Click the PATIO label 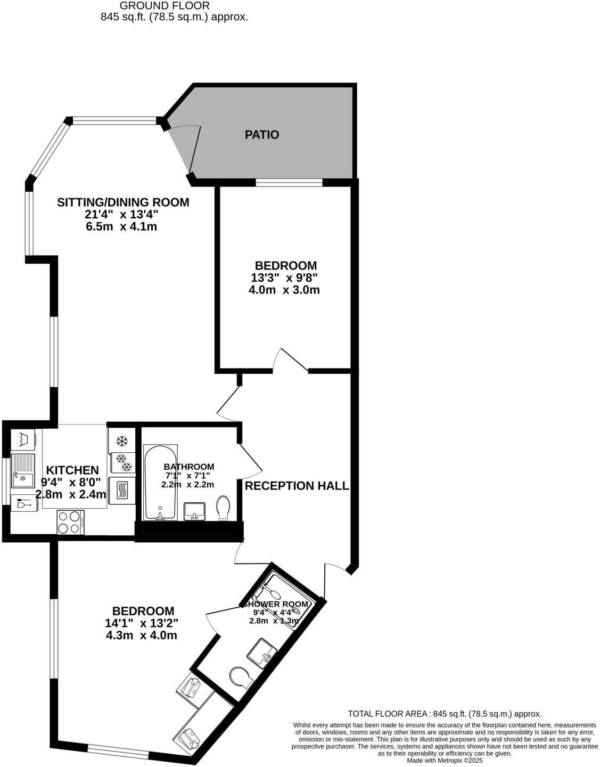(261, 135)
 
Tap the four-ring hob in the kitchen (70, 522)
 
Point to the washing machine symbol (23, 439)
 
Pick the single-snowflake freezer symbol (122, 441)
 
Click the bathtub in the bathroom (160, 483)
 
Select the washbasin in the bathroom (194, 511)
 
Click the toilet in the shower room (241, 678)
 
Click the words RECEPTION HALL (297, 486)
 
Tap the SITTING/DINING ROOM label (123, 202)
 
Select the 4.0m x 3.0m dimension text (284, 290)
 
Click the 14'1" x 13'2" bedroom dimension (142, 623)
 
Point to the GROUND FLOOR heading (165, 6)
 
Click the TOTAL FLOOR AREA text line (445, 714)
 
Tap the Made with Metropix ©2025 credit (445, 761)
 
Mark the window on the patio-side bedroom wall (289, 183)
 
